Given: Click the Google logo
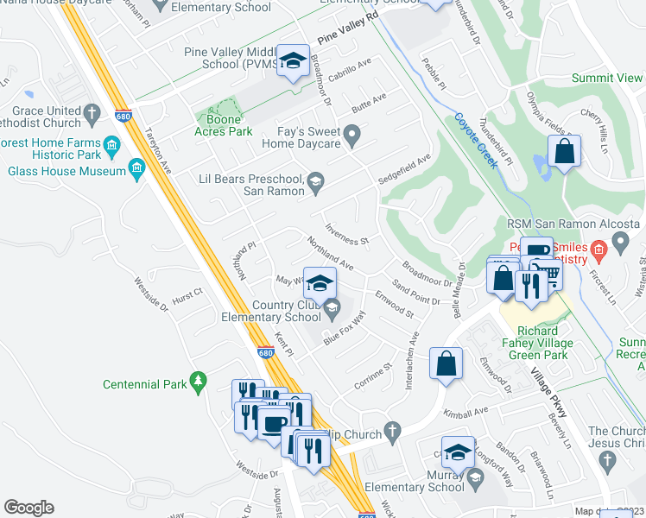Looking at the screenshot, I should click(28, 507).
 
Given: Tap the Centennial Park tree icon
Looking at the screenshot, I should click(199, 379).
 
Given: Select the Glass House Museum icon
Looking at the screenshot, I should click(136, 168).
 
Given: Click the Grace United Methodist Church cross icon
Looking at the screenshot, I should click(92, 111).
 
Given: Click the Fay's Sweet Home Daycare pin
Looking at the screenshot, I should click(351, 136).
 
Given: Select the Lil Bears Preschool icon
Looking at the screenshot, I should click(315, 180).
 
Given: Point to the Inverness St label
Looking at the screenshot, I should click(346, 234).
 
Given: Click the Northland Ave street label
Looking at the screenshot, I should click(331, 254).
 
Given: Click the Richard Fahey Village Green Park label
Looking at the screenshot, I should click(535, 343).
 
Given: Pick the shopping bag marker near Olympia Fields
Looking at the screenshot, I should click(563, 152).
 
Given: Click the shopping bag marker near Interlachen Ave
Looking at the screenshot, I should click(446, 363).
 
